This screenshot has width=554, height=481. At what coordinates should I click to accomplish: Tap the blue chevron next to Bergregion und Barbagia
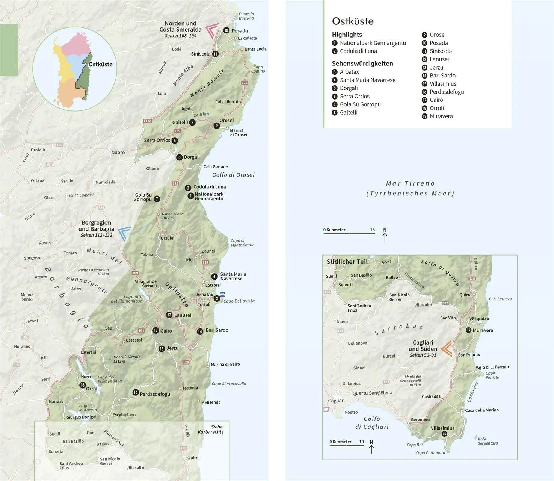124,233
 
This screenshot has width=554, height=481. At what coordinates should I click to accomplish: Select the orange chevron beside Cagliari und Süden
447,348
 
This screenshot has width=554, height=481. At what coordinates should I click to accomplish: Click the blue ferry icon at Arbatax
223,295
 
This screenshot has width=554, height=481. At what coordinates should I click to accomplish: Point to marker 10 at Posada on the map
226,30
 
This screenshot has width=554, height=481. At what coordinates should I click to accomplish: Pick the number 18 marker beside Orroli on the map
82,385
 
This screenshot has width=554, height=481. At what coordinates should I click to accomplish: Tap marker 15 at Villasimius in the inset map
445,434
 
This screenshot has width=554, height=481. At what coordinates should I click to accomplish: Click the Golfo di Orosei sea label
233,175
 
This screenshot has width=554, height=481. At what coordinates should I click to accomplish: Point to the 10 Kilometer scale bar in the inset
347,445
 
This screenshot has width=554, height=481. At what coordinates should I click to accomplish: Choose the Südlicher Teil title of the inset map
347,262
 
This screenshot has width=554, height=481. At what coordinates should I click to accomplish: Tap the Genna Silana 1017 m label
173,216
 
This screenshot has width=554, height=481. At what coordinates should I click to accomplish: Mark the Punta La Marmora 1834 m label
94,272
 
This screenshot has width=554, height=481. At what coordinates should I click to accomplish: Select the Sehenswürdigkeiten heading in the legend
362,64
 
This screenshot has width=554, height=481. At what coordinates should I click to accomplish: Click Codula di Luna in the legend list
358,51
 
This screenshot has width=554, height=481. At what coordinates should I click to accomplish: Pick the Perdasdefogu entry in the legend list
447,92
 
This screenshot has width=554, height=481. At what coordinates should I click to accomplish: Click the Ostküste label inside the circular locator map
100,64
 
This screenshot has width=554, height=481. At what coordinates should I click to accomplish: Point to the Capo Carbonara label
430,452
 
